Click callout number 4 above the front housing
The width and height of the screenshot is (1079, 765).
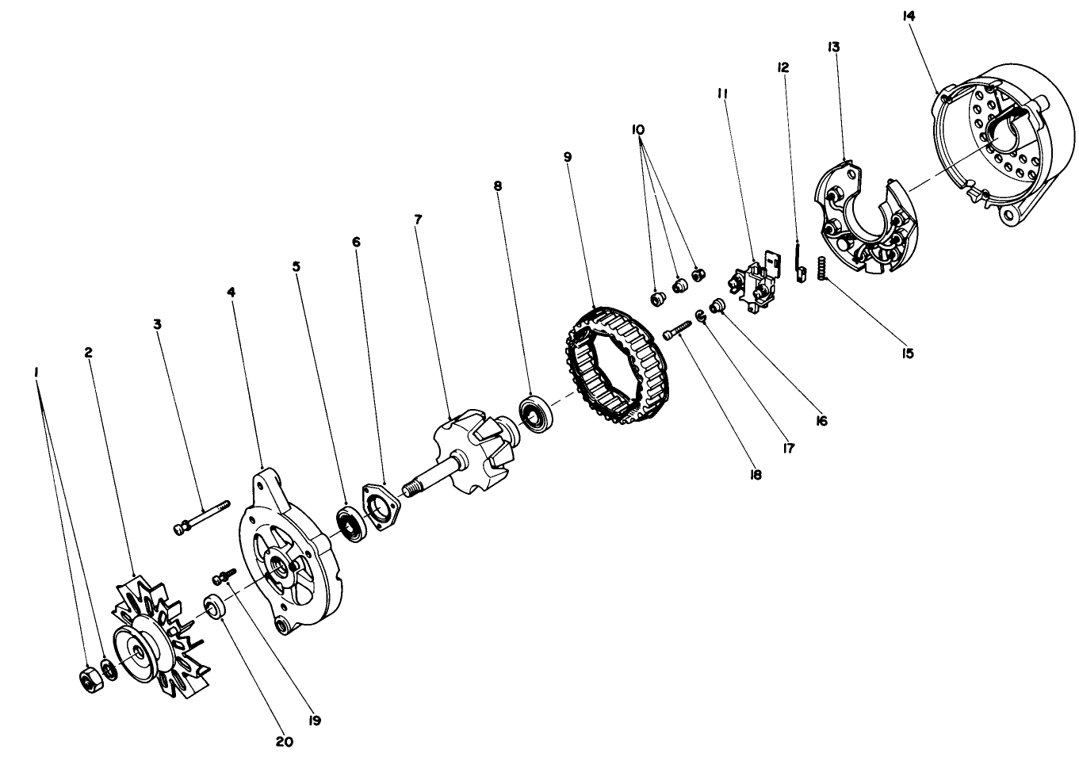pos(231,293)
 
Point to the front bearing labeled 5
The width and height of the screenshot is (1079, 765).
pos(349,523)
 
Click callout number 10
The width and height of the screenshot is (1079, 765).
pos(638,129)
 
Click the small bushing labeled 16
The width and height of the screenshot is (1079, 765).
pos(718,306)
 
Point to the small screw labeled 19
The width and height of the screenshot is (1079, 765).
pos(224,573)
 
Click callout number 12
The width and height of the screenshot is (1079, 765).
pos(783,68)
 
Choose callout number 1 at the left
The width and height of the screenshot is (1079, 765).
pos(36,371)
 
